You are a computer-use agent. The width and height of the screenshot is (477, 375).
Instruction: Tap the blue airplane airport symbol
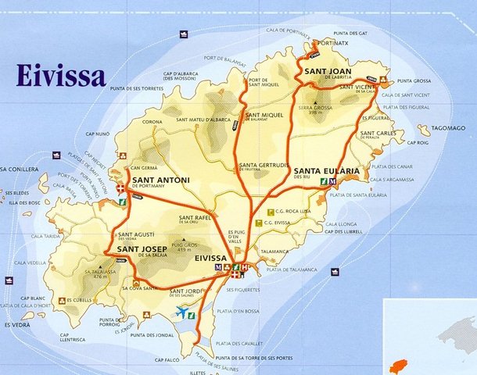184,312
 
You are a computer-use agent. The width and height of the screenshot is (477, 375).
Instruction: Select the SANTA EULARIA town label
327,171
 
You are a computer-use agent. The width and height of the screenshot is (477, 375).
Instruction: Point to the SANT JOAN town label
327,71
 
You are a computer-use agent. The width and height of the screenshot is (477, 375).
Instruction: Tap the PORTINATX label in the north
335,43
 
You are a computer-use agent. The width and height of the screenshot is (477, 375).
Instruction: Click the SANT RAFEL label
195,217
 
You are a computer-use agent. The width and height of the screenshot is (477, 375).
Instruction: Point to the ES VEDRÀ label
18,324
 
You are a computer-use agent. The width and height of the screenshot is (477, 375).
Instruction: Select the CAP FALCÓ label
167,360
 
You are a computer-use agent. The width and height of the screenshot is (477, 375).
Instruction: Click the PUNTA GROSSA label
414,81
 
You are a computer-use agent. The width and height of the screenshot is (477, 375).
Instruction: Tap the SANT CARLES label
377,133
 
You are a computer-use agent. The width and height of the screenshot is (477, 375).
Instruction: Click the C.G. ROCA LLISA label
295,212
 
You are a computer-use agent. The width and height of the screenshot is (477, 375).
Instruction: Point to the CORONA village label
152,122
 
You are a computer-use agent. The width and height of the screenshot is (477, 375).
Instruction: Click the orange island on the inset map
401,366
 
